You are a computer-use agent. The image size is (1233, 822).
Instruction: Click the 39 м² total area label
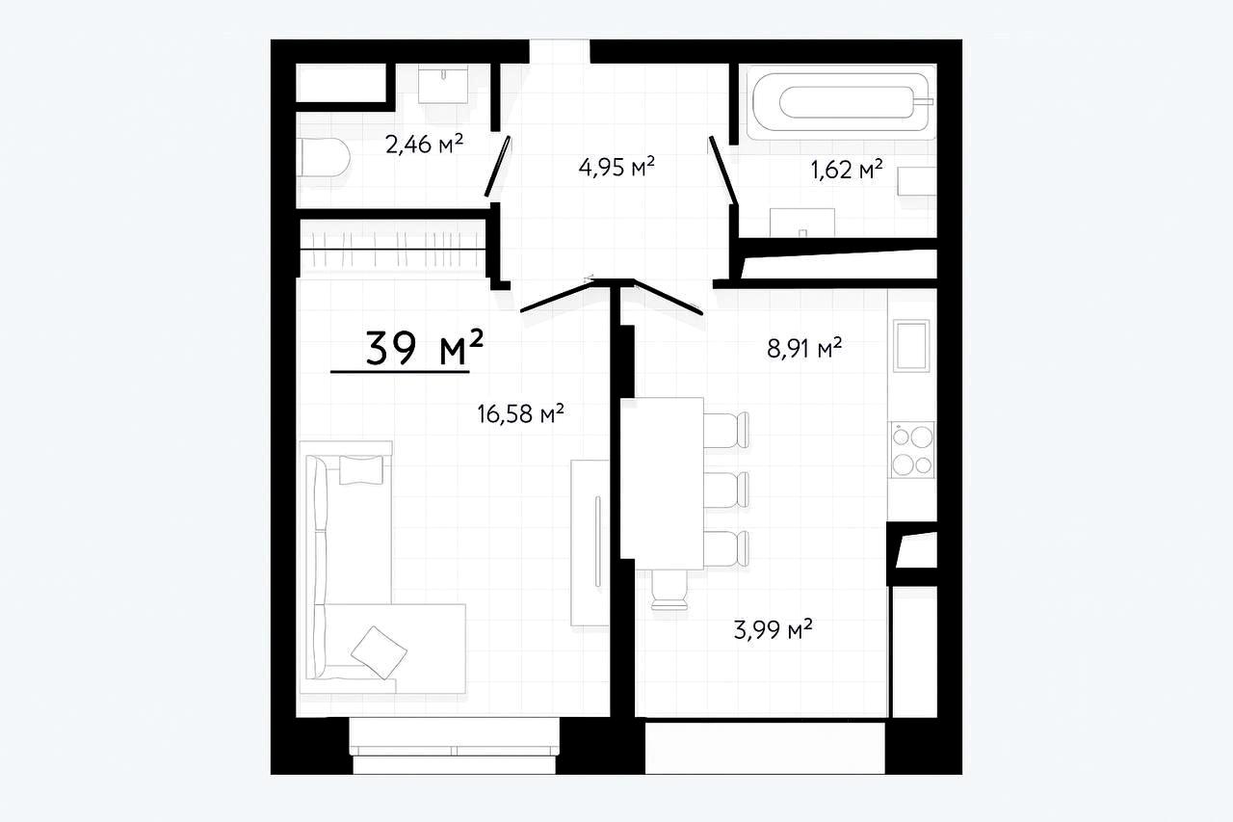pos(425,348)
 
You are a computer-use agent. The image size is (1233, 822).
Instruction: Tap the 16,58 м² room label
pos(521,414)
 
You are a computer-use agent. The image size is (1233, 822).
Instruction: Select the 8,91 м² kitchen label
pos(804,348)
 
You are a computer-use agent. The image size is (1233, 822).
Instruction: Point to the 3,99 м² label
pos(773,628)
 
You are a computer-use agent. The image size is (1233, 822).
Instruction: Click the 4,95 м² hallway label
pos(616,167)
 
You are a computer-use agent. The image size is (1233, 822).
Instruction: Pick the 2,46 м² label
pos(425,145)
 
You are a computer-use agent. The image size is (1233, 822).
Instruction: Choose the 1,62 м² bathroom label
pos(847,170)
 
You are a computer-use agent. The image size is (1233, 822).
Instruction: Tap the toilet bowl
pos(323,157)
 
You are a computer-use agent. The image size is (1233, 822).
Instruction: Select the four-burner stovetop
pos(913,449)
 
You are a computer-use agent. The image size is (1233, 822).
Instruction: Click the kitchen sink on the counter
pos(911,346)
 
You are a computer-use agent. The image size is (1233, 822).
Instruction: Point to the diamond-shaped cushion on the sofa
pos(379,652)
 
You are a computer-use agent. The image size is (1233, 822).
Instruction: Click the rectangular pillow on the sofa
pos(361,469)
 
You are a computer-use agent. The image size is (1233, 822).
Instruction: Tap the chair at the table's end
pos(669,590)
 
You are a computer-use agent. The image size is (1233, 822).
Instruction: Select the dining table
pos(662,484)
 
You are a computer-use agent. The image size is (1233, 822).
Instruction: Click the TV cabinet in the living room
pos(590,543)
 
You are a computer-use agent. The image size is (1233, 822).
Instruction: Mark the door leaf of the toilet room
pos(498,167)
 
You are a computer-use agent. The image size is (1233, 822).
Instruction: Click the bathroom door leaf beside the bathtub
pos(723,171)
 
